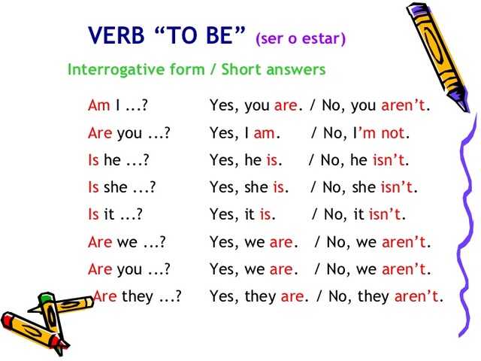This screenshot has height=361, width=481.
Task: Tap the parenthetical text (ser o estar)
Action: tap(301, 38)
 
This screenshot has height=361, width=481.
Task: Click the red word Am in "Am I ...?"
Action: tap(99, 105)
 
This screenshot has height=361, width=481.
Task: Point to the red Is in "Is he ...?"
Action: tap(93, 160)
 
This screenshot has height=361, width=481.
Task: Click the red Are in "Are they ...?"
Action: tap(105, 296)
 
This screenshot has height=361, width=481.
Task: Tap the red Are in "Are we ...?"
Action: tap(100, 242)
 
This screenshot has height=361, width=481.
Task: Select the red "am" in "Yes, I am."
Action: tap(265, 133)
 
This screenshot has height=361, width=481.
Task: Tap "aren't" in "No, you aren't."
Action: tap(403, 105)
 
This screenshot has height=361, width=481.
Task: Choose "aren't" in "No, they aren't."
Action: tap(416, 296)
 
